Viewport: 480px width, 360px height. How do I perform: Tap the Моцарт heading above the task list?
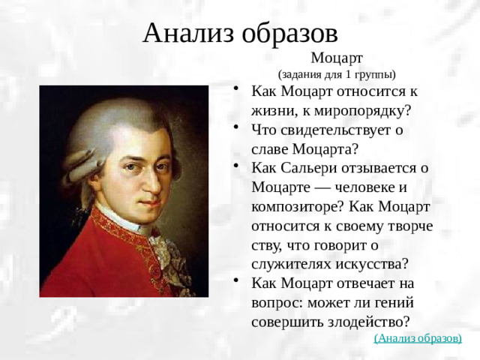click(x=337, y=57)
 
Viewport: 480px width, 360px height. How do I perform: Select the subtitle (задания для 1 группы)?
click(x=337, y=74)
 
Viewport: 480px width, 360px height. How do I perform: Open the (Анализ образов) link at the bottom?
click(x=418, y=337)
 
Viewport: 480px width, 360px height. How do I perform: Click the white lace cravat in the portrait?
click(x=161, y=247)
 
